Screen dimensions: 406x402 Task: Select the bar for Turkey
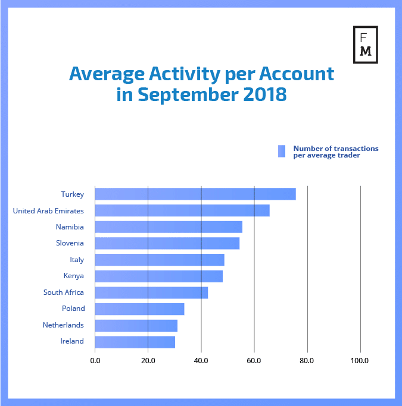tap(195, 194)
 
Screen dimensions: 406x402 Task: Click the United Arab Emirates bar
tap(182, 210)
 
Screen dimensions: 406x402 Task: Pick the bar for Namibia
tap(169, 226)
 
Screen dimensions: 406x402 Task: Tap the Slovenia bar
tap(167, 243)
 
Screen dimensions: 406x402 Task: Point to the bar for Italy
tap(160, 260)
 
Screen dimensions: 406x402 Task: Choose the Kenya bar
tap(158, 276)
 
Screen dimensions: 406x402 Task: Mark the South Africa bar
tap(151, 292)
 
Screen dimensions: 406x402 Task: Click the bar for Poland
tap(139, 309)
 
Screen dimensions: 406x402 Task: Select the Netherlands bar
tap(136, 325)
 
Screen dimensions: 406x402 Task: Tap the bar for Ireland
tap(135, 342)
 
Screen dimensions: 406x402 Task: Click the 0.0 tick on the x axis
tap(95, 360)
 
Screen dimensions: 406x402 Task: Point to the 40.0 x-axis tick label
tap(201, 360)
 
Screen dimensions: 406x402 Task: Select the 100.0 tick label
tap(360, 360)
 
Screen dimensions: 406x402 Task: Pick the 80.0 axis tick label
tap(307, 360)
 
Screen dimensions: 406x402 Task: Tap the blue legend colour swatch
tap(282, 152)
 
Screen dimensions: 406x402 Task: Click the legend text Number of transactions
tap(336, 148)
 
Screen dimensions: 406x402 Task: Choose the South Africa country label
tap(64, 292)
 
